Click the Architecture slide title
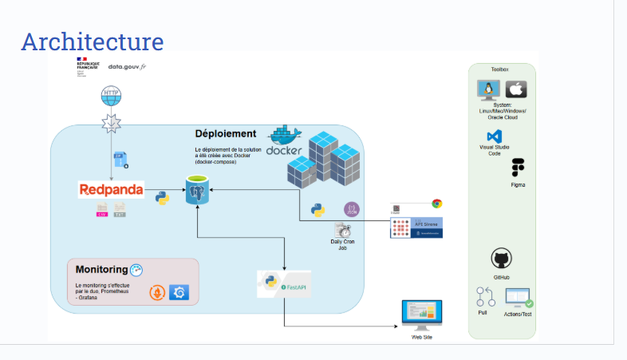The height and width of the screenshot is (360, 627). point(92,41)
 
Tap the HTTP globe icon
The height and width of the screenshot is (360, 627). point(112,97)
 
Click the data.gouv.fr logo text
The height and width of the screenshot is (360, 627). point(127,67)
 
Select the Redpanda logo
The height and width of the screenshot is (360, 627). point(112,190)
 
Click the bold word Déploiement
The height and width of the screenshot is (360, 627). point(226,134)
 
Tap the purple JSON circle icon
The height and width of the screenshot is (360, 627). point(351,209)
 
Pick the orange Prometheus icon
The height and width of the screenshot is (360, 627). point(158,293)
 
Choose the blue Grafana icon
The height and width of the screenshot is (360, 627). point(179,293)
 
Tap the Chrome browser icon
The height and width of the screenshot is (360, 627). point(436,204)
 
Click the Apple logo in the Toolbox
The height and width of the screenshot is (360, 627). point(516,89)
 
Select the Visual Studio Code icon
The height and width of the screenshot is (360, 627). point(495,136)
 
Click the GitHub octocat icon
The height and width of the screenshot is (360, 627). point(501,259)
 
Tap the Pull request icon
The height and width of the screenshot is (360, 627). point(485,297)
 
